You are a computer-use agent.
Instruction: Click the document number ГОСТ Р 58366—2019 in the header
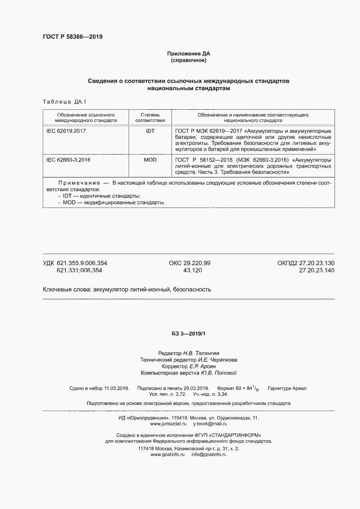point(72,37)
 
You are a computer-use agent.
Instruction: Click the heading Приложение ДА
point(188,54)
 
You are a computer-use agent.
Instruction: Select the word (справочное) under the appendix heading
point(188,60)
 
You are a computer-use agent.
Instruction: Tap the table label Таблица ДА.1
point(65,102)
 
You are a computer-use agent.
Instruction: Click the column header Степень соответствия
point(150,118)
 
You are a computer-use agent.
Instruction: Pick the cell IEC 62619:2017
point(66,131)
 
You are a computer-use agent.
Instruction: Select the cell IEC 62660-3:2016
point(68,160)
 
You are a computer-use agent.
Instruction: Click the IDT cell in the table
point(150,131)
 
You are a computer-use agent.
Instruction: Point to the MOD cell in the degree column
point(150,160)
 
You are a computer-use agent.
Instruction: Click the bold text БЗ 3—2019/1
point(188,334)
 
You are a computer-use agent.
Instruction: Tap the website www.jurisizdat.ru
point(168,424)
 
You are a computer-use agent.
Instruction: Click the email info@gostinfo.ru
point(209,455)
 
